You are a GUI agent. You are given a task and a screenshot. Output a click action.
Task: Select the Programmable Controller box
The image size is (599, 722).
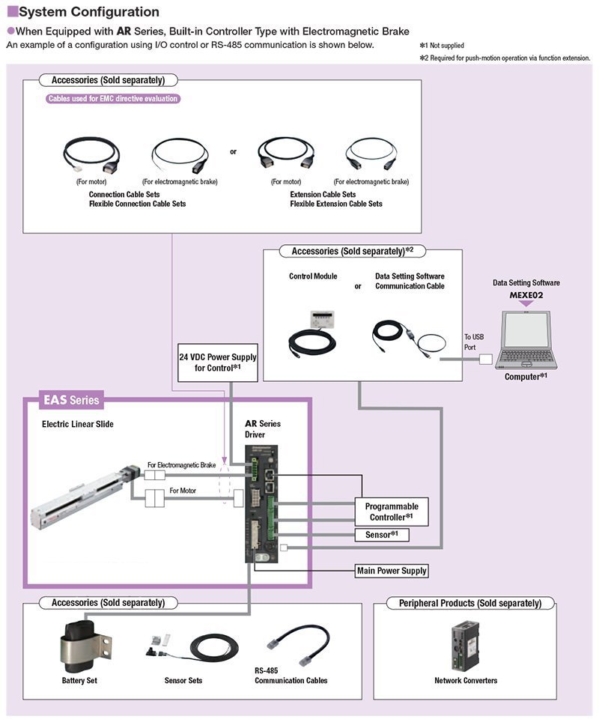[391, 512]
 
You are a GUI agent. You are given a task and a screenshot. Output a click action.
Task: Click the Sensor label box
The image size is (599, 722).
[382, 535]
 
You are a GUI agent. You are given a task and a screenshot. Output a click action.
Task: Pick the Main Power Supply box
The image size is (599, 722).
[392, 571]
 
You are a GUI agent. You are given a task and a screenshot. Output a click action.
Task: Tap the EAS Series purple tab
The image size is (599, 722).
[70, 400]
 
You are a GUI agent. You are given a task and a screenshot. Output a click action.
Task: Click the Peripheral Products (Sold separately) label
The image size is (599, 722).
[470, 603]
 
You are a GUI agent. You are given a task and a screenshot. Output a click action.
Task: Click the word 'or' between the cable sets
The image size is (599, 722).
[233, 151]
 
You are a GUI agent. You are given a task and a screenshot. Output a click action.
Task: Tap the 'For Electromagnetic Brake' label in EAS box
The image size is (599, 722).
[181, 464]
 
